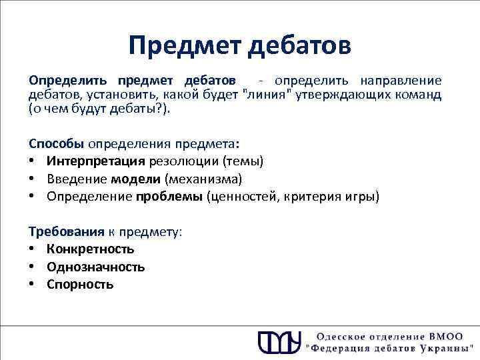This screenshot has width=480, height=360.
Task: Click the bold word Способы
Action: [x=56, y=143]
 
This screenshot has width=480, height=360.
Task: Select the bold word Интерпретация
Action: [x=96, y=161]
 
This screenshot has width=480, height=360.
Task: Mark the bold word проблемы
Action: [x=170, y=197]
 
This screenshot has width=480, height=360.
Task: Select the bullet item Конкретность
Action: [x=91, y=249]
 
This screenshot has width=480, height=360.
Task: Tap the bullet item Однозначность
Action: [x=96, y=267]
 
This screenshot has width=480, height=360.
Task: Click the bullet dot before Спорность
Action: [x=32, y=285]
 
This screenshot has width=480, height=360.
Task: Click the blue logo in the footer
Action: [x=279, y=341]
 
